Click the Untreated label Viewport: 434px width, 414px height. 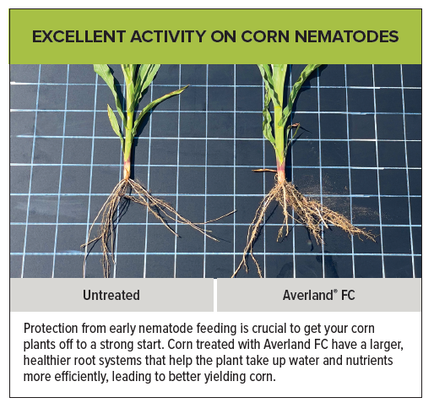(111, 296)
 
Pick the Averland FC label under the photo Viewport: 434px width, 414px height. (318, 296)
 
